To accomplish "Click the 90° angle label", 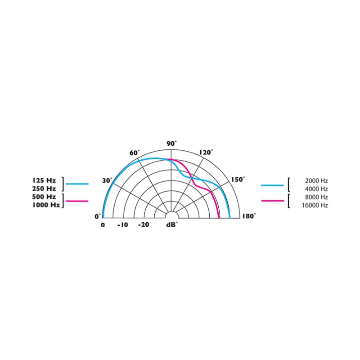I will tap(171, 144).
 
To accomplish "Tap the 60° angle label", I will tap(135, 153).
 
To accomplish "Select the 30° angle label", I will tap(107, 180).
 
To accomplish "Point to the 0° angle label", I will tap(98, 216).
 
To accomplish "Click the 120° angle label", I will tap(206, 153).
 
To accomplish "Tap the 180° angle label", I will tap(249, 216).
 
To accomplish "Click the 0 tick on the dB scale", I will tap(103, 225).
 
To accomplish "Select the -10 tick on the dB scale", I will tap(122, 225).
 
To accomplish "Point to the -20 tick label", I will tap(143, 225).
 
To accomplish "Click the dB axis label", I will tap(171, 225).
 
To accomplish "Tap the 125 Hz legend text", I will tap(44, 180).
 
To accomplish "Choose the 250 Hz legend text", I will tap(44, 189).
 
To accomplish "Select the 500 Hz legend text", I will tap(44, 197).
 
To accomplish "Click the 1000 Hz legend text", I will tap(46, 205).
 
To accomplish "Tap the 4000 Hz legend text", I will tap(316, 189).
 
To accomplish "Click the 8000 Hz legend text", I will tap(316, 197).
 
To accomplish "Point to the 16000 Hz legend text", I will tap(315, 206).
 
